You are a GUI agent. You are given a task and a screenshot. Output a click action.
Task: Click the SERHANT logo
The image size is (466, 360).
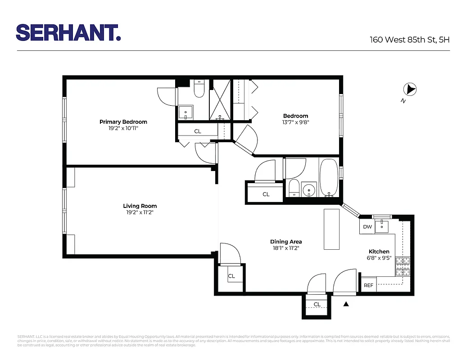click(68, 32)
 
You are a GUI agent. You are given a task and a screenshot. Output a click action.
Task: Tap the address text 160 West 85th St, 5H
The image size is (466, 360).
click(409, 40)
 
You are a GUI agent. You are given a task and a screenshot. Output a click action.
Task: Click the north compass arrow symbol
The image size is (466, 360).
click(410, 90)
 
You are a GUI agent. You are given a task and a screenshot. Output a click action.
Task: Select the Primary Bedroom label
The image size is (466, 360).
click(123, 122)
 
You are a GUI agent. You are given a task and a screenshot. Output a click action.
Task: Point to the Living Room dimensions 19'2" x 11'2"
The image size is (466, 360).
click(140, 212)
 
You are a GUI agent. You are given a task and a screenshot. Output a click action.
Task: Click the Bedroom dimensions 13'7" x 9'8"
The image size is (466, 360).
click(295, 122)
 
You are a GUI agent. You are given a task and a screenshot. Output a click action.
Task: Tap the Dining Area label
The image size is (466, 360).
click(286, 242)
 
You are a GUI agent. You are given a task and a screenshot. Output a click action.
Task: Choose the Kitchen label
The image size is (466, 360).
click(379, 252)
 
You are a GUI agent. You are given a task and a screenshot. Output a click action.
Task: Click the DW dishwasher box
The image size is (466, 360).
click(367, 227)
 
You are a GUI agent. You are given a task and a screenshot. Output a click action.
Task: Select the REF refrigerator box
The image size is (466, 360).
click(368, 285)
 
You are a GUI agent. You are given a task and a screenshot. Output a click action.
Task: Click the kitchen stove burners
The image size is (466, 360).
click(403, 266)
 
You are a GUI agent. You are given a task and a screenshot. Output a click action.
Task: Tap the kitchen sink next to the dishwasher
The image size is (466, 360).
click(384, 225)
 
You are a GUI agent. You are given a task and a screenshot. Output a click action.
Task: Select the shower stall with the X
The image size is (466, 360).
click(220, 99)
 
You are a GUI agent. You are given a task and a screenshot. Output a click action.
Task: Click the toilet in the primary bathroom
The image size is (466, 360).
click(199, 90)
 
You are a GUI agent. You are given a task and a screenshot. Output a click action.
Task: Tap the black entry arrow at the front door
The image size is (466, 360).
click(346, 305)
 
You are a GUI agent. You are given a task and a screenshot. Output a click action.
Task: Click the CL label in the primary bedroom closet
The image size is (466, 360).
click(198, 131)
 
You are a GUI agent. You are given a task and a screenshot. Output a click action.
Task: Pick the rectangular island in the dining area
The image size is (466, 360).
click(332, 229)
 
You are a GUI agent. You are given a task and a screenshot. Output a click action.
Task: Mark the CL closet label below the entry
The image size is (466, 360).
click(317, 305)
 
